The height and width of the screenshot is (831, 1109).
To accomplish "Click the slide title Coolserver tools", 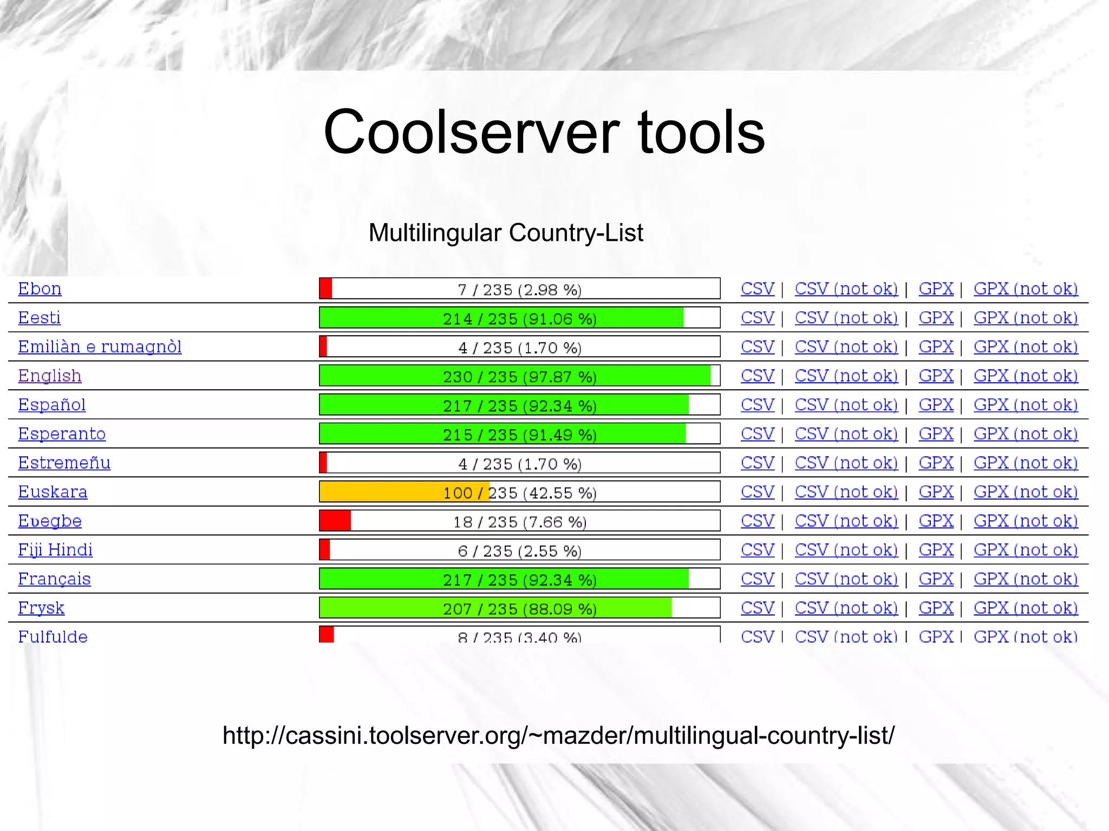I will [x=544, y=132].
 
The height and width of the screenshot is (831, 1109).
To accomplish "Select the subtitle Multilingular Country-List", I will [x=506, y=233].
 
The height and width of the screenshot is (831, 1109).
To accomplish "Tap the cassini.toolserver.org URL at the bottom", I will [x=558, y=735].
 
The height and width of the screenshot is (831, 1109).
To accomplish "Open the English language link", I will [x=50, y=376].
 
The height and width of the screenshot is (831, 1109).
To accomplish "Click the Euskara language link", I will [x=53, y=492].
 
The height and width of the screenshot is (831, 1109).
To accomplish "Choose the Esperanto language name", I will [x=62, y=434].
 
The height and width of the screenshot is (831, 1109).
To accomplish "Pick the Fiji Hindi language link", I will [x=55, y=550].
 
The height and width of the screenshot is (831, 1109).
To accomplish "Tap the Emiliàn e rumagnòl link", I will [x=100, y=346].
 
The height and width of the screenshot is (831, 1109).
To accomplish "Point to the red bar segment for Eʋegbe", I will [x=335, y=521].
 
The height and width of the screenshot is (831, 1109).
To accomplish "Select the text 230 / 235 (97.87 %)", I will [x=519, y=376].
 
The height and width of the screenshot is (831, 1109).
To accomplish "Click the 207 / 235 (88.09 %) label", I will [x=519, y=608].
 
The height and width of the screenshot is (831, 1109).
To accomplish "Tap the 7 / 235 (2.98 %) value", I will [x=519, y=290].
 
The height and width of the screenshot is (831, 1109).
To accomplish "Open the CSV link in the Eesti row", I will [x=757, y=318].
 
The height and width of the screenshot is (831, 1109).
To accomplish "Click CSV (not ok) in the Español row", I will [x=846, y=405].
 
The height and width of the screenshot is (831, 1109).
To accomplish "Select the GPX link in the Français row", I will [x=936, y=579].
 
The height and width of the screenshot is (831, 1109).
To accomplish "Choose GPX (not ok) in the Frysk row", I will [x=1026, y=608].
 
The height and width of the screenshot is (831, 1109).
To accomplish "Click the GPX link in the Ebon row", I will [x=936, y=289].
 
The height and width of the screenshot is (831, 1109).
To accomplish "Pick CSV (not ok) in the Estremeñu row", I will [x=846, y=463].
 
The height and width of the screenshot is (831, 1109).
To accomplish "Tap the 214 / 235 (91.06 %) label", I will [x=519, y=318].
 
